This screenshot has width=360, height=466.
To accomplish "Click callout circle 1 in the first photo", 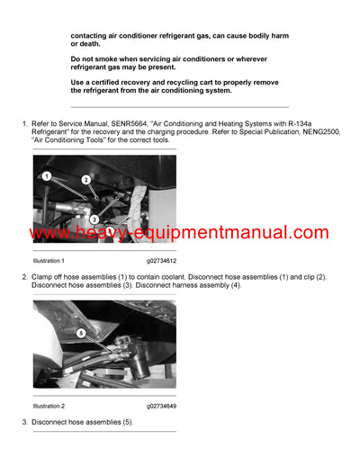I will (46, 176).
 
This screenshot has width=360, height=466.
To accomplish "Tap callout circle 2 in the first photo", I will (85, 180).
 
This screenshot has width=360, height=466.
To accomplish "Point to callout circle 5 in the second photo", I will (81, 332).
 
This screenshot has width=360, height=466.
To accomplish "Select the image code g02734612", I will (165, 261).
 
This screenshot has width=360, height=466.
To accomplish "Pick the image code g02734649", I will (165, 405).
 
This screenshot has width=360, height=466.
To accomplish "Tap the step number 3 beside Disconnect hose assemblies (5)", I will (23, 421).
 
